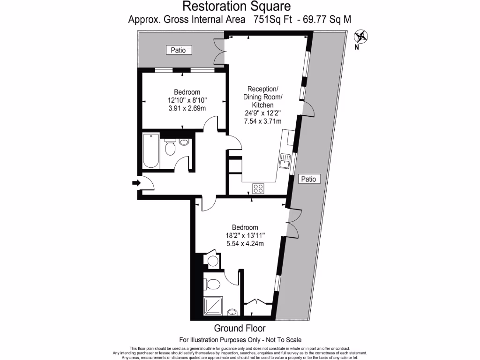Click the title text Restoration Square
point(236,7)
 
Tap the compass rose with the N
point(361,36)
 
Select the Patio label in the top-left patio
point(179,50)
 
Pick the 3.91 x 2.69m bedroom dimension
point(187,108)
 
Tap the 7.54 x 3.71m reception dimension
point(262,121)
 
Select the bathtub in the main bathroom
point(151,150)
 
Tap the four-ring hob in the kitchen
point(258,188)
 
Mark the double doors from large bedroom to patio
point(292,221)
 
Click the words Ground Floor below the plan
point(240,328)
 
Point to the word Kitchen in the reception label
point(262,105)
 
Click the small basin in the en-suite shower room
point(232,312)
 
